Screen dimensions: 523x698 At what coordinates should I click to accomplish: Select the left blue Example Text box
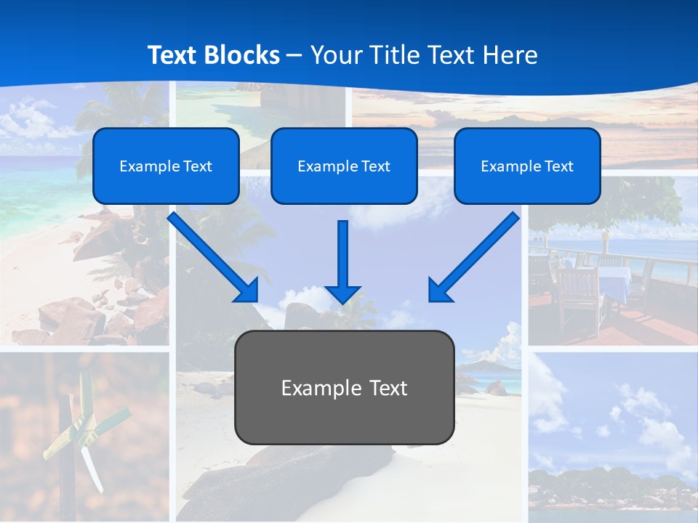click(x=166, y=166)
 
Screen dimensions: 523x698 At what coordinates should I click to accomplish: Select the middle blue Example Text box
click(x=344, y=166)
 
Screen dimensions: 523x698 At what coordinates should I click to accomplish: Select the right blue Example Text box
click(x=527, y=166)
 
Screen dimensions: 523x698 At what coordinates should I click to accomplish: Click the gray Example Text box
click(x=344, y=387)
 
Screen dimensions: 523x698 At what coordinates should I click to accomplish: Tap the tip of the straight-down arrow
click(x=342, y=301)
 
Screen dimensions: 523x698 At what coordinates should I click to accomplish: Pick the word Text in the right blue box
click(x=559, y=166)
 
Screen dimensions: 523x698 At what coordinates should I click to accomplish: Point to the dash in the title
click(x=294, y=55)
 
